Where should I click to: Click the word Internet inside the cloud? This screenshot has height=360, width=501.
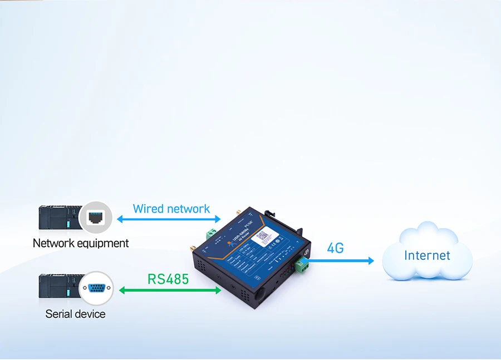[427, 255]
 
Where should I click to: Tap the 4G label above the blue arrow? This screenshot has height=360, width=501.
[335, 248]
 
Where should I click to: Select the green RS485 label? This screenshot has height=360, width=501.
[168, 278]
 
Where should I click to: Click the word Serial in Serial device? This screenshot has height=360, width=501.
[58, 314]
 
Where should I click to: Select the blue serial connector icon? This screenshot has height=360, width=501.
[96, 288]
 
